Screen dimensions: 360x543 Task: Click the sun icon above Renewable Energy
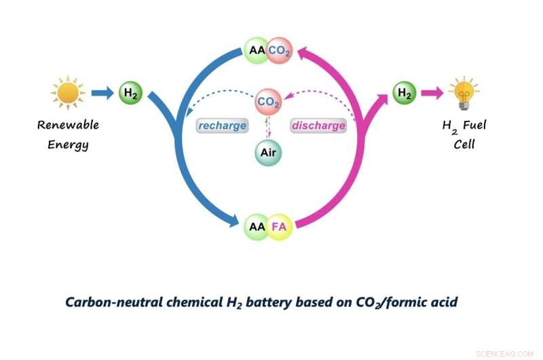pyautogui.click(x=68, y=92)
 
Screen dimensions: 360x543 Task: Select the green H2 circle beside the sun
pyautogui.click(x=130, y=93)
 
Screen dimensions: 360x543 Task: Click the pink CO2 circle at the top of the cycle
pyautogui.click(x=279, y=50)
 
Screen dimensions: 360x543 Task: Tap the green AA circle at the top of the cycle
pyautogui.click(x=257, y=50)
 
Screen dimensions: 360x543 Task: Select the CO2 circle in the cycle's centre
pyautogui.click(x=268, y=103)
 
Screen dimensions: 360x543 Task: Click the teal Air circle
pyautogui.click(x=268, y=152)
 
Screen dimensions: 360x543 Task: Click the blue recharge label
pyautogui.click(x=222, y=126)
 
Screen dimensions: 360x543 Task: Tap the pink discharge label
pyautogui.click(x=318, y=126)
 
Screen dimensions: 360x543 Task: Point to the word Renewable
pyautogui.click(x=69, y=125)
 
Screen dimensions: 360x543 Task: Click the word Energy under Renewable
pyautogui.click(x=68, y=145)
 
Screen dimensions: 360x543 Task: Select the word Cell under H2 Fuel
pyautogui.click(x=464, y=145)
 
